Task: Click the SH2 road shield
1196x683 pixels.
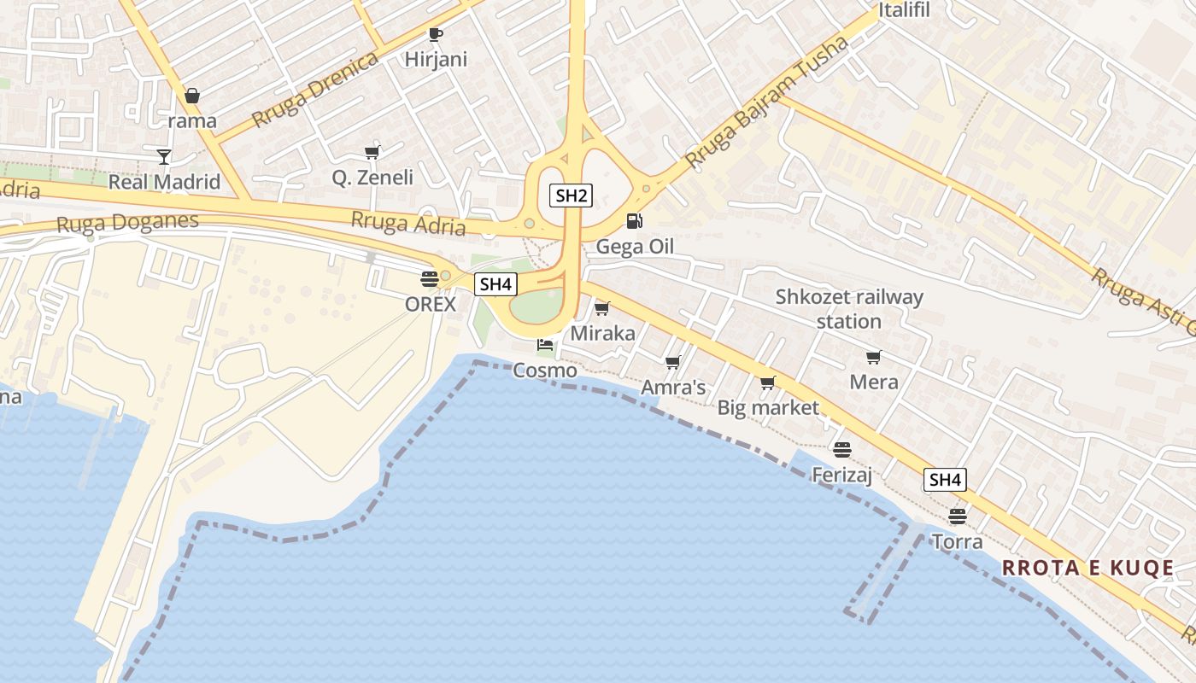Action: (x=571, y=196)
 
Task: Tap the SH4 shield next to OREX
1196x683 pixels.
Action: (x=495, y=284)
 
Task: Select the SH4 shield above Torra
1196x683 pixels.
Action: (x=945, y=480)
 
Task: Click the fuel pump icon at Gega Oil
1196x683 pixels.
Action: (x=634, y=221)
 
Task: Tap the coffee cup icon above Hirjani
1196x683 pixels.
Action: (x=436, y=35)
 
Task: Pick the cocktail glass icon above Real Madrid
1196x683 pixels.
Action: (x=164, y=156)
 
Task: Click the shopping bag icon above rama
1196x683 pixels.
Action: (x=192, y=96)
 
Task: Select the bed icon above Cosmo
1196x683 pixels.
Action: (x=545, y=346)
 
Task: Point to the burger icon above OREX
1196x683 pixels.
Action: (x=430, y=278)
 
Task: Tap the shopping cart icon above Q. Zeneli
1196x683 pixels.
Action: (x=372, y=153)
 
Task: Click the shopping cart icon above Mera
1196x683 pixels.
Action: (x=873, y=357)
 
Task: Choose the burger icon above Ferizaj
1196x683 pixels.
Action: (x=842, y=449)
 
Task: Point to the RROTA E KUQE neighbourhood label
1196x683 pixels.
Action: (x=1088, y=569)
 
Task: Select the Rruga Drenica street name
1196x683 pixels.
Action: (x=315, y=90)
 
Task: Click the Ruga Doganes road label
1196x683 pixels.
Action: (x=127, y=223)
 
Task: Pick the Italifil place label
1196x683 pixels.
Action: (x=905, y=10)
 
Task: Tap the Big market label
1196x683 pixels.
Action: (x=768, y=408)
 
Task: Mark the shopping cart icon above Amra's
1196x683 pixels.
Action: (x=673, y=363)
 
